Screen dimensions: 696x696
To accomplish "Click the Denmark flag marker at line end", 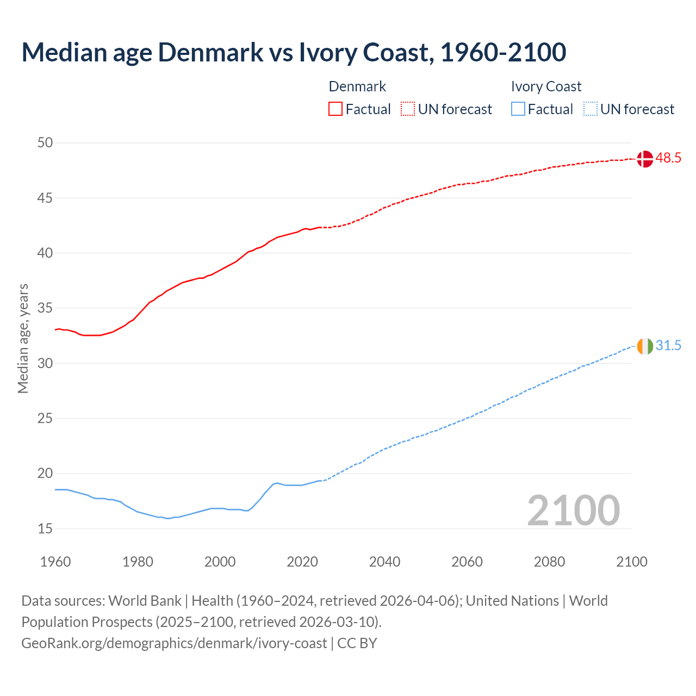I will click(x=645, y=159).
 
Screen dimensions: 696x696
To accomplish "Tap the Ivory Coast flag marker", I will click(x=645, y=346).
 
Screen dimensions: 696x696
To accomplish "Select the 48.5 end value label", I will click(x=668, y=158).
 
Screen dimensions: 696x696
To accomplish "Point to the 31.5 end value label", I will click(x=668, y=346).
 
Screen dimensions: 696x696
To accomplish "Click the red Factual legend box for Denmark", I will click(x=335, y=109).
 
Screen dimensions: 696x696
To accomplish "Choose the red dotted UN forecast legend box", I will click(x=408, y=109).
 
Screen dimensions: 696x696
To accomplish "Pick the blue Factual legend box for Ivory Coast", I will click(x=518, y=109).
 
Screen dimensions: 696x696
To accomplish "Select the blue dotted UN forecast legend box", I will click(x=591, y=109).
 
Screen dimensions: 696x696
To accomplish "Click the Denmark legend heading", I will click(x=357, y=86).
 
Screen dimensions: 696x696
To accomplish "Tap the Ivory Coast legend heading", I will click(x=546, y=86).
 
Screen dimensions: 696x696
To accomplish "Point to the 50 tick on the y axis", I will click(x=45, y=143).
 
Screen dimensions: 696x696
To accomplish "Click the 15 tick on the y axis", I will click(x=45, y=529).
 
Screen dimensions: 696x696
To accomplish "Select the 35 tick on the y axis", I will click(x=45, y=308).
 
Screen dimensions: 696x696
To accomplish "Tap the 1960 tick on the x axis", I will click(x=55, y=562).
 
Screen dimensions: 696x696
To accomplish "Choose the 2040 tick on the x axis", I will click(x=384, y=562).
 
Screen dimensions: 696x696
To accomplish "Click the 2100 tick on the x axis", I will click(x=631, y=562).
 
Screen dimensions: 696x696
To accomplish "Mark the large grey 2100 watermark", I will click(x=573, y=511).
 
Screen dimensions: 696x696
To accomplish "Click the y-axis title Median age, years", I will click(x=23, y=338).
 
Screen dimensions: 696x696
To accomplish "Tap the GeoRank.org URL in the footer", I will click(x=174, y=643).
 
